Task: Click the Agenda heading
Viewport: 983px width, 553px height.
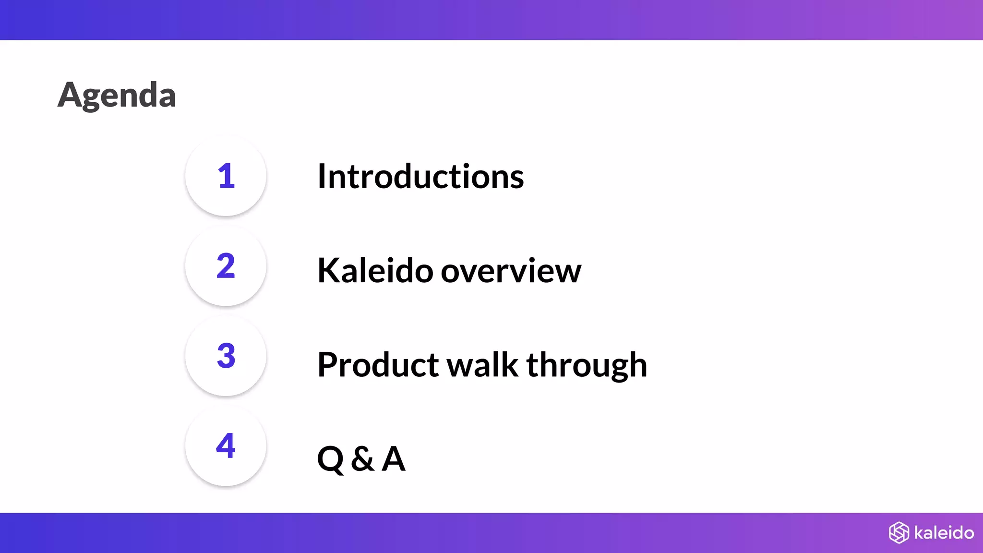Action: [x=117, y=96]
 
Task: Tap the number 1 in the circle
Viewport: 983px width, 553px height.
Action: [x=226, y=176]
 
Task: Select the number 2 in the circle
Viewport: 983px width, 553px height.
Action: [x=226, y=266]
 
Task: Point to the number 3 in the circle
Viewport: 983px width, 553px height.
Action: [x=226, y=356]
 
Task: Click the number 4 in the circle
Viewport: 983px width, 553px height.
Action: [x=226, y=446]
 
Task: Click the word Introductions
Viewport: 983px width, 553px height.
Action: [x=420, y=177]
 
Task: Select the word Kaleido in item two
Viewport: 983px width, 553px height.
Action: [x=375, y=271]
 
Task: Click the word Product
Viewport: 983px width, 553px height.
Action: [x=378, y=365]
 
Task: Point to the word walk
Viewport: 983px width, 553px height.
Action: [x=483, y=365]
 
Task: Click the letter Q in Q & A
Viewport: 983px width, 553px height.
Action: [x=331, y=459]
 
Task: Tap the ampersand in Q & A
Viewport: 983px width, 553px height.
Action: [x=362, y=459]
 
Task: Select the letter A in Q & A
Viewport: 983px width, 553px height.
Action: [x=394, y=459]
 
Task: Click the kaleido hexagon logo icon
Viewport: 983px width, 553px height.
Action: [x=899, y=533]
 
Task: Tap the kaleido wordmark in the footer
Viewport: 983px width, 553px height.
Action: [x=944, y=533]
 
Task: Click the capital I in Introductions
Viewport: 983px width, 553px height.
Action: [x=322, y=177]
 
